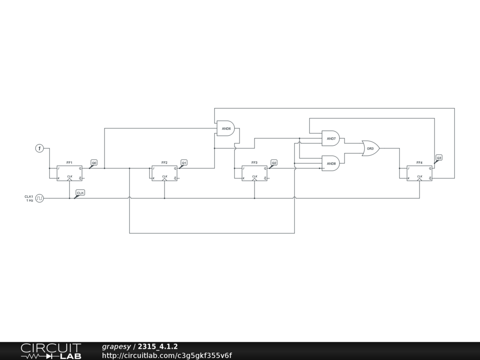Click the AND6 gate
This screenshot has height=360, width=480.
[x=225, y=128]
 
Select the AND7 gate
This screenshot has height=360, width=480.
[x=330, y=139]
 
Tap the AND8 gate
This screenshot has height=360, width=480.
[x=330, y=163]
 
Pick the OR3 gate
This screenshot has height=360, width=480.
[x=371, y=148]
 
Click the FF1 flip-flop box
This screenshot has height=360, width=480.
[x=69, y=173]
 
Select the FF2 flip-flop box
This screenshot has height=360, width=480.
[x=165, y=173]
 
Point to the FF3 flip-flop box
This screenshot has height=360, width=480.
[x=255, y=173]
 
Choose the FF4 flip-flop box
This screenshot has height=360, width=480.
[x=420, y=173]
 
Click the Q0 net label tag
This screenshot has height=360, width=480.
[x=94, y=163]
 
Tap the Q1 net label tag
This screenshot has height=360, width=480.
[x=184, y=163]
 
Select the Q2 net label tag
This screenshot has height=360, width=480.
[x=274, y=163]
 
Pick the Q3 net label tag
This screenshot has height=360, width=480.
[x=439, y=158]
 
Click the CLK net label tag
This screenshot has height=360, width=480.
[x=80, y=193]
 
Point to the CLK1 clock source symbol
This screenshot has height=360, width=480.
[x=40, y=198]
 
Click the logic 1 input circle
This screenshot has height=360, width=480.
[x=40, y=149]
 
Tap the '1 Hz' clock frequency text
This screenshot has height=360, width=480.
[x=30, y=201]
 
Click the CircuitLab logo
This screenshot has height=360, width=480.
[x=51, y=351]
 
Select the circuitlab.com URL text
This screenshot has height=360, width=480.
[x=167, y=355]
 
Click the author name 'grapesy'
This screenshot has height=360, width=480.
[x=116, y=346]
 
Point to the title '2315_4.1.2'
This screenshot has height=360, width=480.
[x=157, y=346]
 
